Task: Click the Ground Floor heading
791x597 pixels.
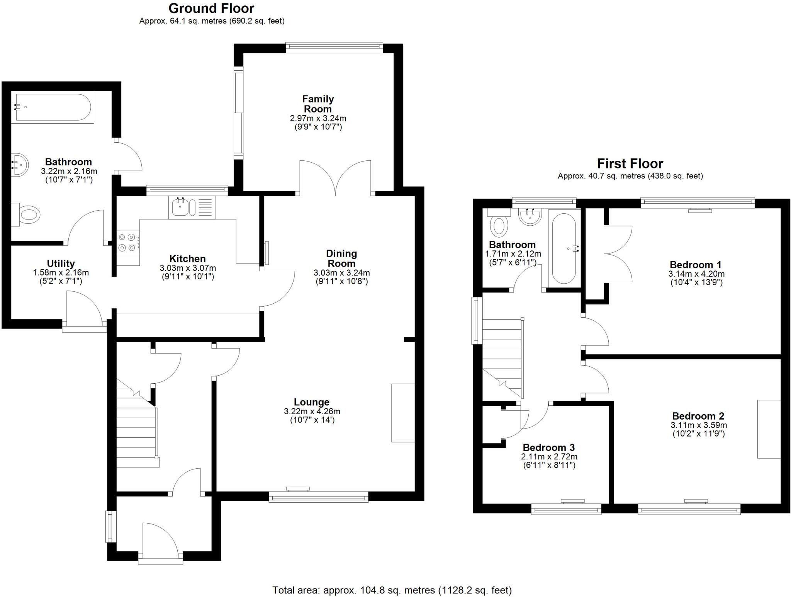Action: tap(211, 9)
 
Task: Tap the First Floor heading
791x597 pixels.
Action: tap(630, 163)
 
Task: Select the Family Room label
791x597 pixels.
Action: tap(317, 104)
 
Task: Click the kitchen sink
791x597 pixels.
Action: tap(180, 207)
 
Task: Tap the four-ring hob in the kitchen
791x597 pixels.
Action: tap(128, 242)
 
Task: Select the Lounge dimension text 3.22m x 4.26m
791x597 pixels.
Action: tap(312, 412)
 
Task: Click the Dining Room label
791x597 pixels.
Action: tap(341, 259)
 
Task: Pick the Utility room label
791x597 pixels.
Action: tap(61, 264)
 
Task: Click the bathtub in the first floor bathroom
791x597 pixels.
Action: tap(564, 248)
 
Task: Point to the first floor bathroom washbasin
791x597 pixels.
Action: tap(530, 216)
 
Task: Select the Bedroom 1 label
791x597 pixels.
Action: tap(695, 265)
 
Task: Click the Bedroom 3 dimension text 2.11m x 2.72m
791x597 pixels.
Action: tap(549, 457)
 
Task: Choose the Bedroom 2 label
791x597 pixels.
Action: tap(698, 416)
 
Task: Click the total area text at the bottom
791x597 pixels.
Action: tap(392, 590)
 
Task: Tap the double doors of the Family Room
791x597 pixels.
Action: tap(335, 177)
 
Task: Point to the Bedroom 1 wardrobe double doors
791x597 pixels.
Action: tap(618, 253)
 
